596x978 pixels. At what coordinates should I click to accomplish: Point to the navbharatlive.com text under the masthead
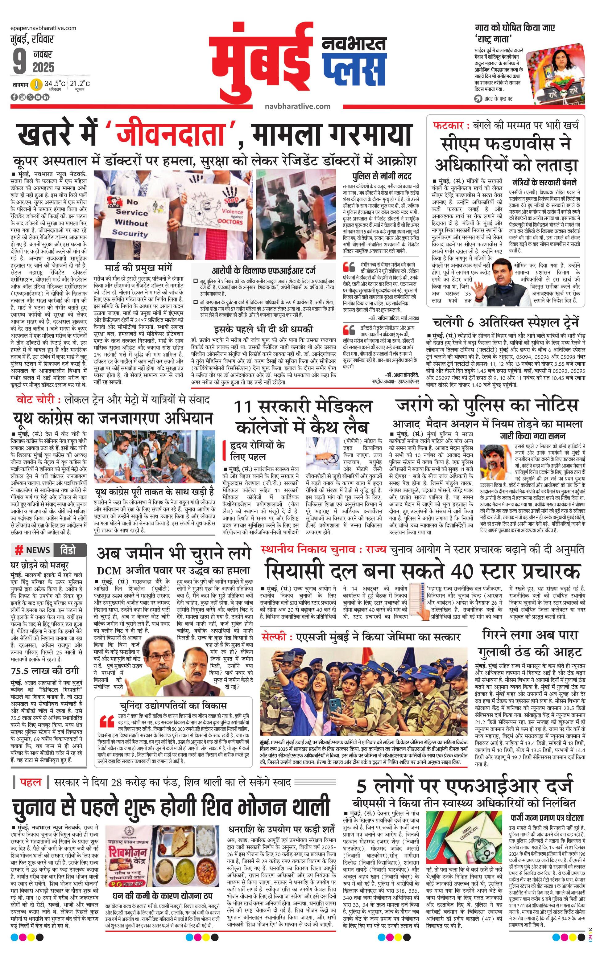pyautogui.click(x=297, y=106)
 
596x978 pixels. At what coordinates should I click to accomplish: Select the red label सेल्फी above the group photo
pyautogui.click(x=275, y=637)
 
